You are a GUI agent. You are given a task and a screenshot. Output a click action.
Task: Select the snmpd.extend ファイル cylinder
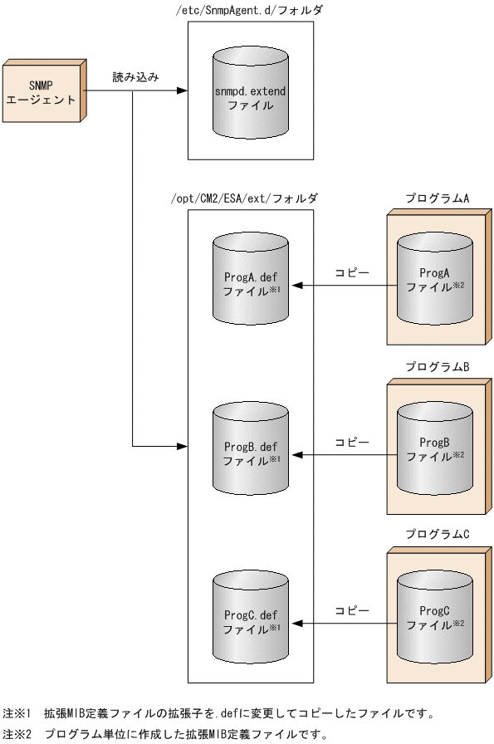pos(250,96)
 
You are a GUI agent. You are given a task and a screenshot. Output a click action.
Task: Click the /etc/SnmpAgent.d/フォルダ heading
pos(250,10)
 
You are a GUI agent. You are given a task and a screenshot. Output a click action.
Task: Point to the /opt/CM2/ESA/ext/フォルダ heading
pos(250,198)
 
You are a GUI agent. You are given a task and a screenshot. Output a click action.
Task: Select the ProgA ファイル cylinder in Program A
pos(435,279)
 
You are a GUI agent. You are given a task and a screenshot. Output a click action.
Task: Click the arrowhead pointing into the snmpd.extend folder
pos(182,92)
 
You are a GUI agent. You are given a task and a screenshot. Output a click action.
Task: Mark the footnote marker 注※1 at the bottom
pos(17,712)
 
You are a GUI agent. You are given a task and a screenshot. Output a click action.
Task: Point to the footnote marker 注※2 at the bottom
pos(17,734)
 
